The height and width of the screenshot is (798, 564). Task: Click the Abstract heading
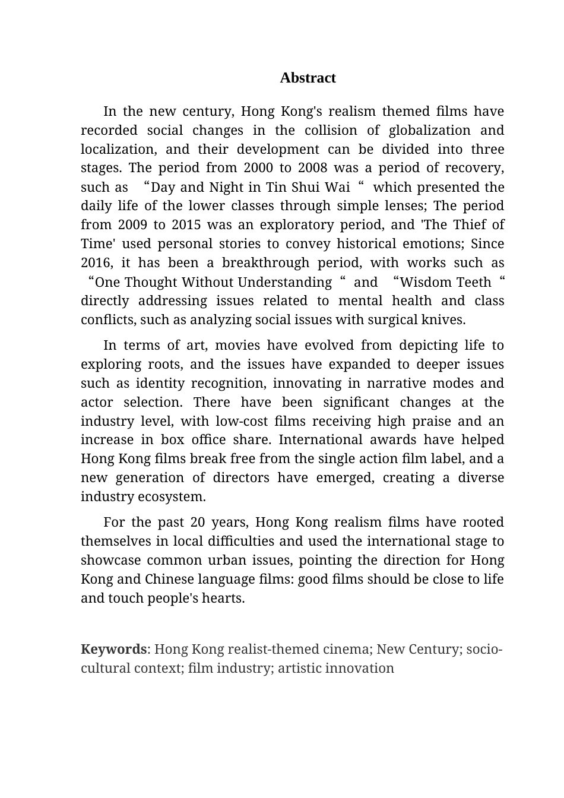click(x=308, y=78)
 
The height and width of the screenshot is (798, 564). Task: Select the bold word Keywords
click(x=113, y=649)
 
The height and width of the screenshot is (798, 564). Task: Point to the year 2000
click(x=258, y=168)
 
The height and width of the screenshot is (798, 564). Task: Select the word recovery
click(x=473, y=168)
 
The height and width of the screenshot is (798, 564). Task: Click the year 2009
click(x=132, y=225)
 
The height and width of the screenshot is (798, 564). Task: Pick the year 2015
click(x=186, y=225)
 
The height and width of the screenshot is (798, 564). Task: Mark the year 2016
click(x=96, y=263)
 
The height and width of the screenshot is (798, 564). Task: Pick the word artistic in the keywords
click(x=300, y=668)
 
